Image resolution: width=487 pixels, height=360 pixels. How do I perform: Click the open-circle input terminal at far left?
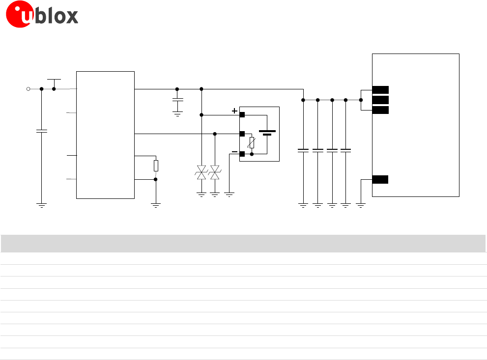coord(28,89)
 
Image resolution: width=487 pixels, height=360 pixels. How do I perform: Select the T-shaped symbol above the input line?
coord(54,80)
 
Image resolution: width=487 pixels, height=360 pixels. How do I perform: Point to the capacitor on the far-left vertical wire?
coord(42,131)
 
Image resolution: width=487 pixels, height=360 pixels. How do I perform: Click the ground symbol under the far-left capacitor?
coord(42,205)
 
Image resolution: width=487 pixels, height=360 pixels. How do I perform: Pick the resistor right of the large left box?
coord(156,166)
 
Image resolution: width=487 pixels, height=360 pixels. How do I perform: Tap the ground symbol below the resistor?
coord(156,205)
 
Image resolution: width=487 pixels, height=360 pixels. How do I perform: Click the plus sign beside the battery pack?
coord(234,111)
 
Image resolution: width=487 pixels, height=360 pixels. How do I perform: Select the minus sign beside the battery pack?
coord(234,152)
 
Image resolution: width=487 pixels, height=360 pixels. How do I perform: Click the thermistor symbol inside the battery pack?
coord(252,143)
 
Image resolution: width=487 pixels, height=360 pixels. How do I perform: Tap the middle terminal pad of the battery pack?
coord(242,134)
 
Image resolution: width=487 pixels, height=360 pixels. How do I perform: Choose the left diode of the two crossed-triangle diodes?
coord(201,172)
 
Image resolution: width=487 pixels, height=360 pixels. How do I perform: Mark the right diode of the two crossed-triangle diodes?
coord(215,172)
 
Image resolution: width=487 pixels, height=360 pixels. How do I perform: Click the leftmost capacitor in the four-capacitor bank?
coord(303,150)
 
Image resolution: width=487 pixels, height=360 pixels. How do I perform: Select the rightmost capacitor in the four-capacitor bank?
coord(346,150)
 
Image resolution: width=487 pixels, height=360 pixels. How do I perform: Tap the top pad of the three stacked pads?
coord(380,89)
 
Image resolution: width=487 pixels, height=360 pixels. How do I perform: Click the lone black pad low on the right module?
coord(380,179)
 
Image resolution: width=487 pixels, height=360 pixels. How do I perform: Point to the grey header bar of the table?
coord(243,244)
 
